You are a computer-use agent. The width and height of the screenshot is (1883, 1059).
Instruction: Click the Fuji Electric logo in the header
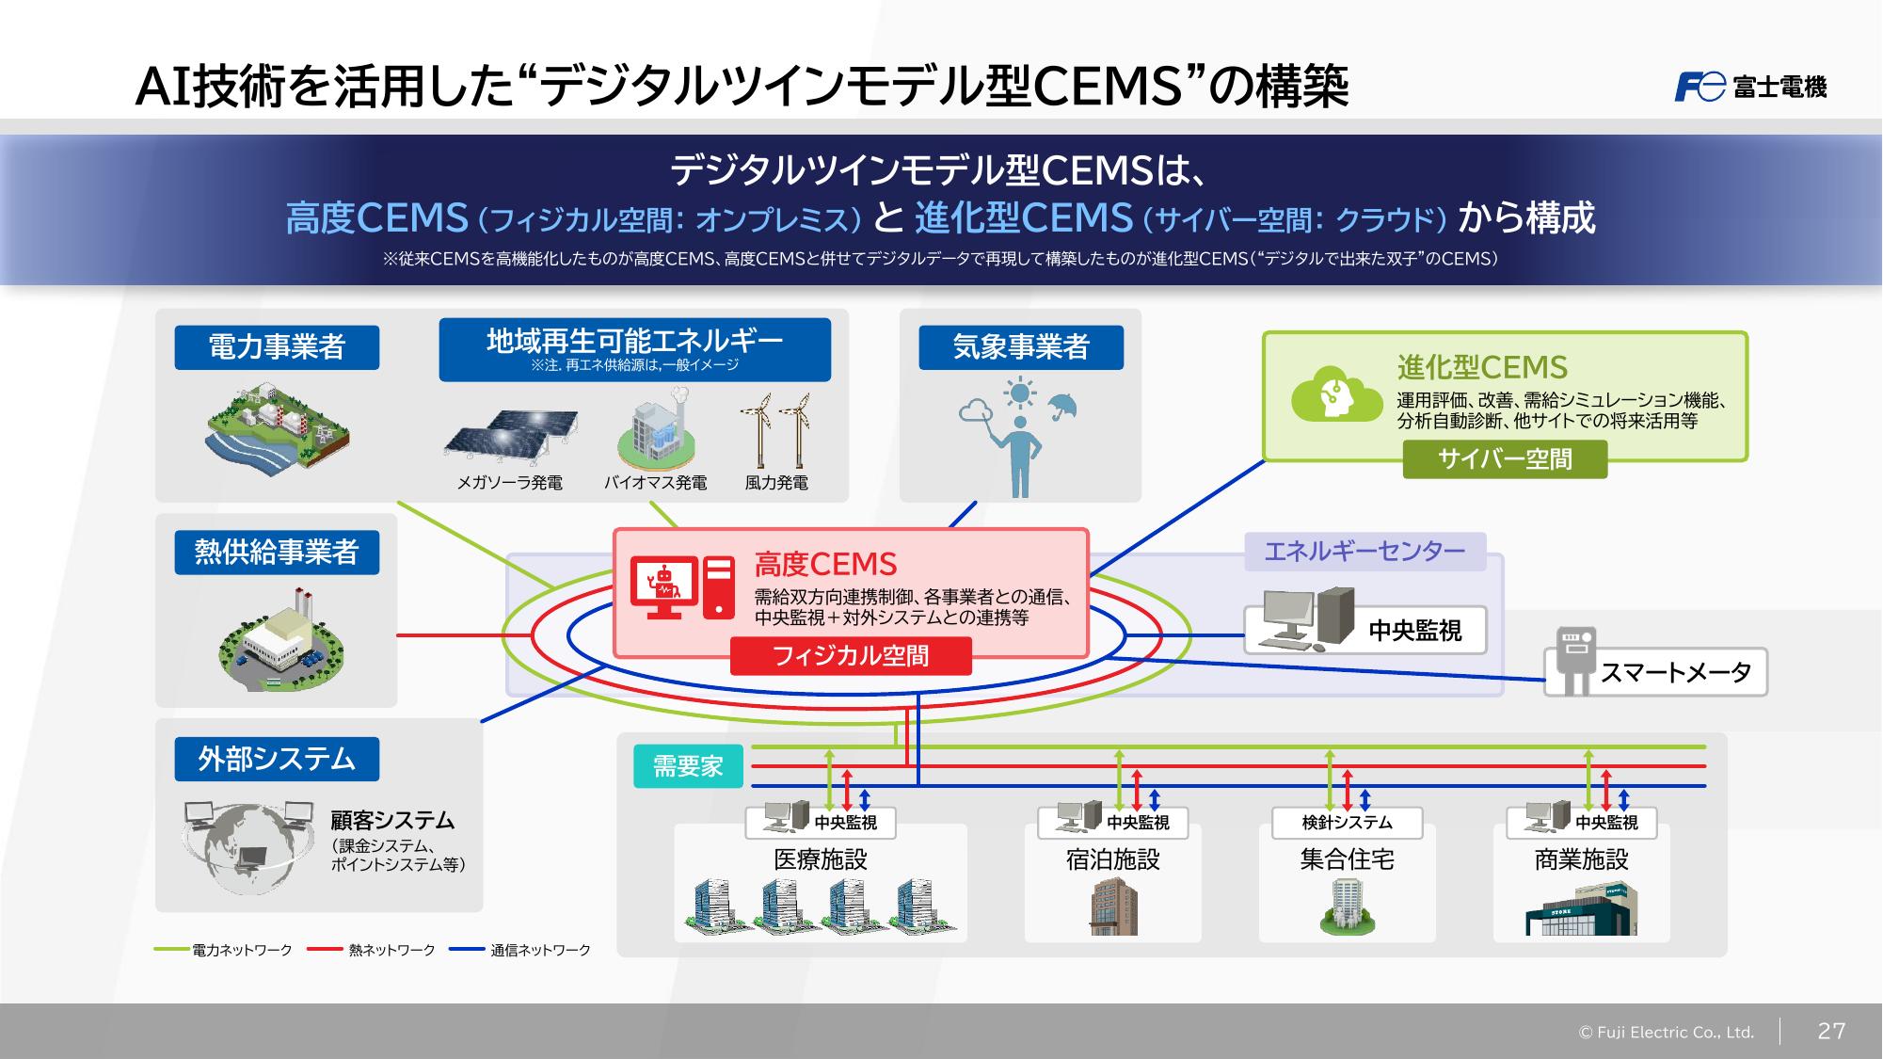[x=1750, y=87]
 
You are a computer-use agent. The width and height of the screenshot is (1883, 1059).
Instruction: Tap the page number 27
[x=1830, y=1031]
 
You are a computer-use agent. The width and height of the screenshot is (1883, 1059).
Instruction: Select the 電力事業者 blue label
[x=277, y=347]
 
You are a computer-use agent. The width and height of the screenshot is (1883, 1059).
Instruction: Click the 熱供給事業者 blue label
[x=277, y=552]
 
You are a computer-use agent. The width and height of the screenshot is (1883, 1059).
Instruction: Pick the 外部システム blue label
[x=277, y=759]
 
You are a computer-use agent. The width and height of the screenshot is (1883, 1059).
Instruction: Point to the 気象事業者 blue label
[x=1020, y=347]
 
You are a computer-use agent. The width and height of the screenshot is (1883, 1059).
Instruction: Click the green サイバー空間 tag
[x=1504, y=459]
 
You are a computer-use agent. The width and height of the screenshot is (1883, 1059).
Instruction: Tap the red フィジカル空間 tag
[x=850, y=656]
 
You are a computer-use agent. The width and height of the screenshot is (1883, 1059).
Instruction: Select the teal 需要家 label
[x=688, y=766]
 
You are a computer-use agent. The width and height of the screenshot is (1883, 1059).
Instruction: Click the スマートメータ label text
[x=1675, y=672]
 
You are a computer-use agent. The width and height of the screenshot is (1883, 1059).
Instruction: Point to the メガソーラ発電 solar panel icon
[x=511, y=437]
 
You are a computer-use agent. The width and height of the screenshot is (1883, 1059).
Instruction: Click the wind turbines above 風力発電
[x=775, y=429]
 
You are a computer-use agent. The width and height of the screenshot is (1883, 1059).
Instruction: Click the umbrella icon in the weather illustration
[x=1061, y=406]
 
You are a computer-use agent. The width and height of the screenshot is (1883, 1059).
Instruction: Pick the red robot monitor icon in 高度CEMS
[x=663, y=587]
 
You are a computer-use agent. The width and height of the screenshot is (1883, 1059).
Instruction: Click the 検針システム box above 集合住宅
[x=1347, y=823]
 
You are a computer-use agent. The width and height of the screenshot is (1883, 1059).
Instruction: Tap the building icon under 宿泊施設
[x=1113, y=906]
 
